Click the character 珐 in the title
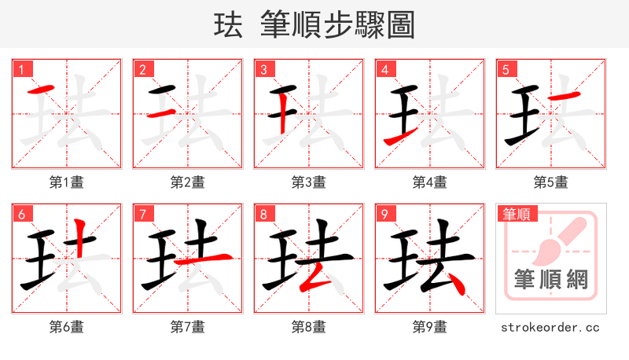(228, 25)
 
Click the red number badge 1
(21, 69)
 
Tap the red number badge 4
(384, 69)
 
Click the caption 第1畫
(67, 182)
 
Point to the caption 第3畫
(309, 182)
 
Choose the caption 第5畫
(551, 182)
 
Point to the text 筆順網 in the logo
(551, 279)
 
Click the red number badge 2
(142, 69)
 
